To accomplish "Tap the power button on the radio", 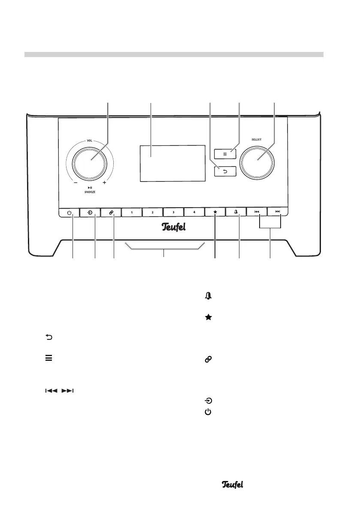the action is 69,212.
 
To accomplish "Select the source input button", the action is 90,212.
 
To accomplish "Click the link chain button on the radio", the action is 110,212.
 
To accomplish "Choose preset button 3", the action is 173,212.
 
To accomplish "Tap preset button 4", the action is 194,212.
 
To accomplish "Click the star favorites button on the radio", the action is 215,212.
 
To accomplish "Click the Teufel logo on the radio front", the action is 173,227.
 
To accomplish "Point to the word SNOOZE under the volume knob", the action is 90,193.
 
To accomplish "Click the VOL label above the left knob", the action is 90,140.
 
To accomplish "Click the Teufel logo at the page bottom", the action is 233,484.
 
